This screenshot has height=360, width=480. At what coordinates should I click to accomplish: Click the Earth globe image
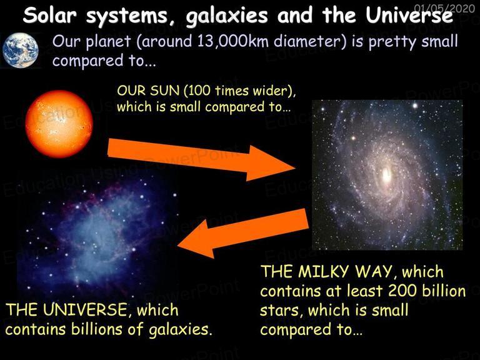(x=21, y=50)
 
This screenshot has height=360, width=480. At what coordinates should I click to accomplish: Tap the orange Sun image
(x=59, y=124)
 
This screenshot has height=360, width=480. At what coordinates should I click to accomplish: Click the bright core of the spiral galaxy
(x=387, y=174)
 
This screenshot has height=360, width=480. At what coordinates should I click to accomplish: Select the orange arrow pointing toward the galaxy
(x=201, y=159)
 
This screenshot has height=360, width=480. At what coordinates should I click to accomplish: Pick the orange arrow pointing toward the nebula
(x=242, y=233)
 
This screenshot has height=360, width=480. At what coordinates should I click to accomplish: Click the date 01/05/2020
(x=444, y=8)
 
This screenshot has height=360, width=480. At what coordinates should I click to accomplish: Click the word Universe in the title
(x=409, y=15)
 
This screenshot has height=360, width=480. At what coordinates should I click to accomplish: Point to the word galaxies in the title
(x=227, y=16)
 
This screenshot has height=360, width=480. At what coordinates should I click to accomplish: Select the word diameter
(x=310, y=41)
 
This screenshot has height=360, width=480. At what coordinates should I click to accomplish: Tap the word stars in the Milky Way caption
(x=279, y=311)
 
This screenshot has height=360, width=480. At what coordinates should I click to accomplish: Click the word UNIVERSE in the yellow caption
(x=85, y=309)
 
